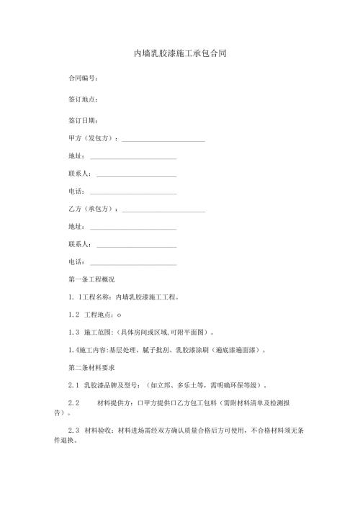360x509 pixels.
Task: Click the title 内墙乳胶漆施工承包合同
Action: point(180,54)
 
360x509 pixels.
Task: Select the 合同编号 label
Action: point(82,78)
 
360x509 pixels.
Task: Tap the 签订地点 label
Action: point(82,99)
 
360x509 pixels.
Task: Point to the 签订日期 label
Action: point(82,120)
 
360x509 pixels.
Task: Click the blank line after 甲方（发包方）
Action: point(163,140)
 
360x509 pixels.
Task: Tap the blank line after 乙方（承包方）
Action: point(163,210)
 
